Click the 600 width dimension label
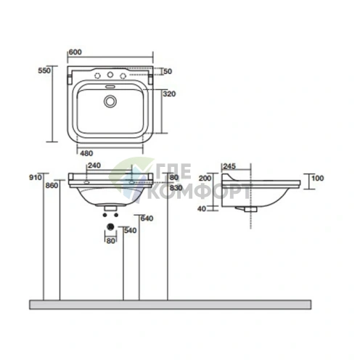(x=75, y=52)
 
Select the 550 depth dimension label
(x=44, y=70)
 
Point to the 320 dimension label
(x=169, y=94)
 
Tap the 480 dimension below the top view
(x=86, y=153)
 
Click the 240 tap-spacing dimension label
(x=94, y=165)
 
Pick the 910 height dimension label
(x=36, y=177)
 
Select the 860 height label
(x=52, y=186)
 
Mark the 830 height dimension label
(x=176, y=187)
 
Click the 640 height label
(x=147, y=218)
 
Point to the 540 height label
(x=131, y=231)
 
